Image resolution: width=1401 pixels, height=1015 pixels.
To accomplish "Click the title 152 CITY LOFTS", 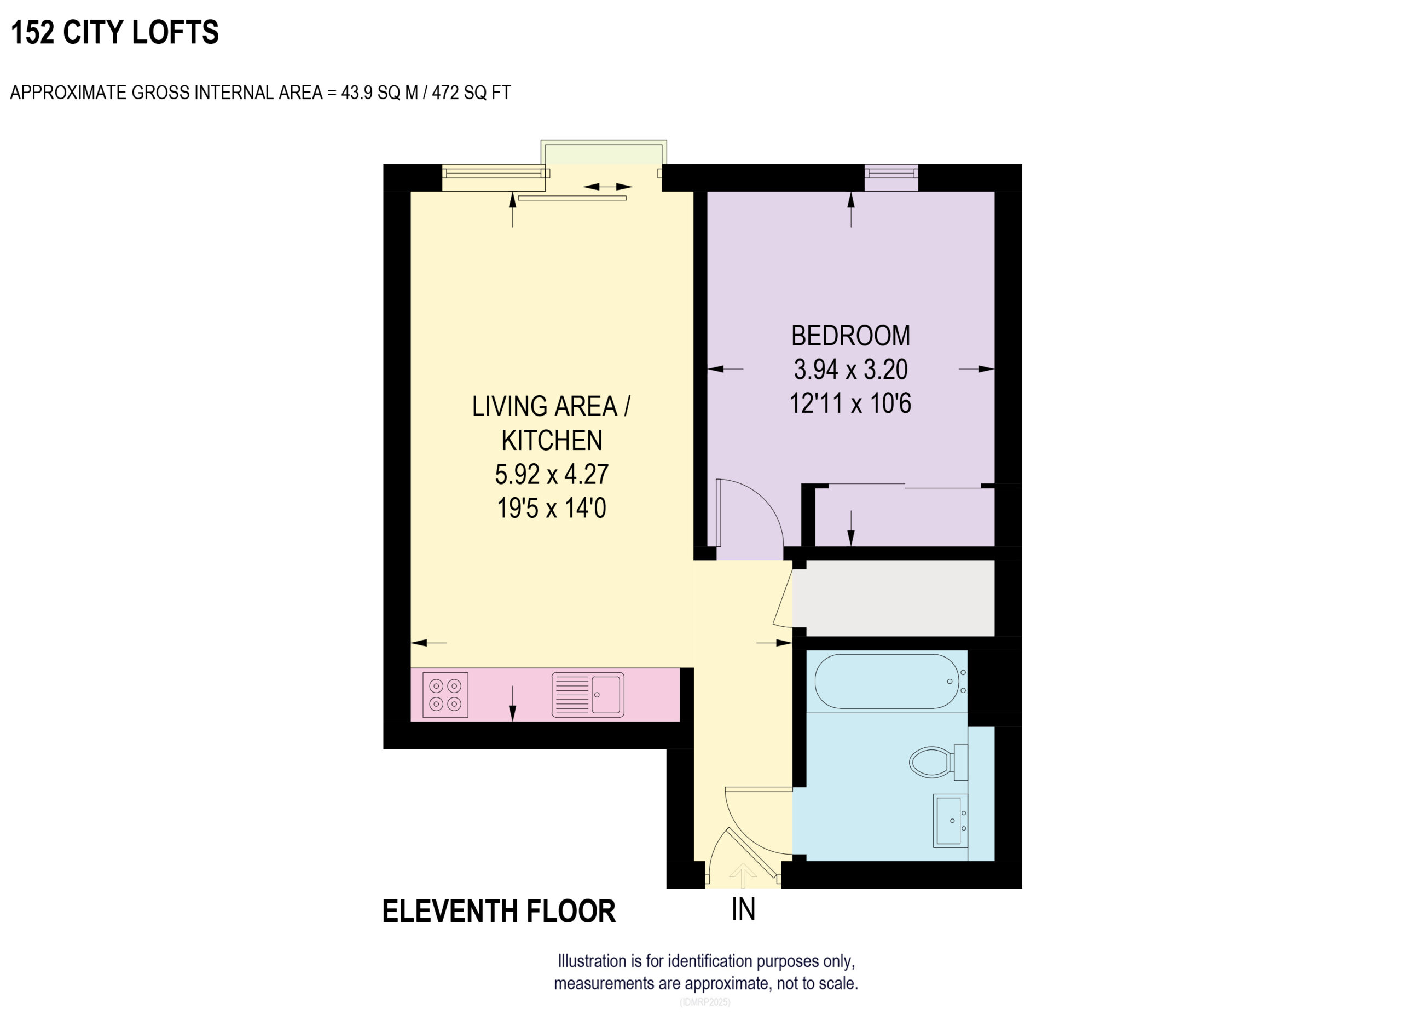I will pyautogui.click(x=115, y=32).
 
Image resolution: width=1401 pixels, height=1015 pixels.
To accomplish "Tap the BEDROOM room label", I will pyautogui.click(x=850, y=336).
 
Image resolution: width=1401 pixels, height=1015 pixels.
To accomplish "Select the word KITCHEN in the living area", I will pyautogui.click(x=551, y=441).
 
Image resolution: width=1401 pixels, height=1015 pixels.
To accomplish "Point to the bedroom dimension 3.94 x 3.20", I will pyautogui.click(x=850, y=370).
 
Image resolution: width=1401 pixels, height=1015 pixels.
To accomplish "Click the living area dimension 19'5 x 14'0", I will pyautogui.click(x=551, y=509).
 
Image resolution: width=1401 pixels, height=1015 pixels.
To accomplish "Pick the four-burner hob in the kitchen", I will pyautogui.click(x=445, y=695).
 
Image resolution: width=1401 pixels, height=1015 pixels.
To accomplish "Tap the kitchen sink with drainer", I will pyautogui.click(x=587, y=695).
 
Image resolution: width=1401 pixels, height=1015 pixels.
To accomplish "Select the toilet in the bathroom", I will pyautogui.click(x=934, y=762).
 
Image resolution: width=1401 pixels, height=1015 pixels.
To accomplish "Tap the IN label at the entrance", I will pyautogui.click(x=743, y=909).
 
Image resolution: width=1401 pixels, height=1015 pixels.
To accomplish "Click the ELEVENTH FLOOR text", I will pyautogui.click(x=499, y=912).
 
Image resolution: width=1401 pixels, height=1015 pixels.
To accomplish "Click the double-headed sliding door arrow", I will pyautogui.click(x=607, y=187).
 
